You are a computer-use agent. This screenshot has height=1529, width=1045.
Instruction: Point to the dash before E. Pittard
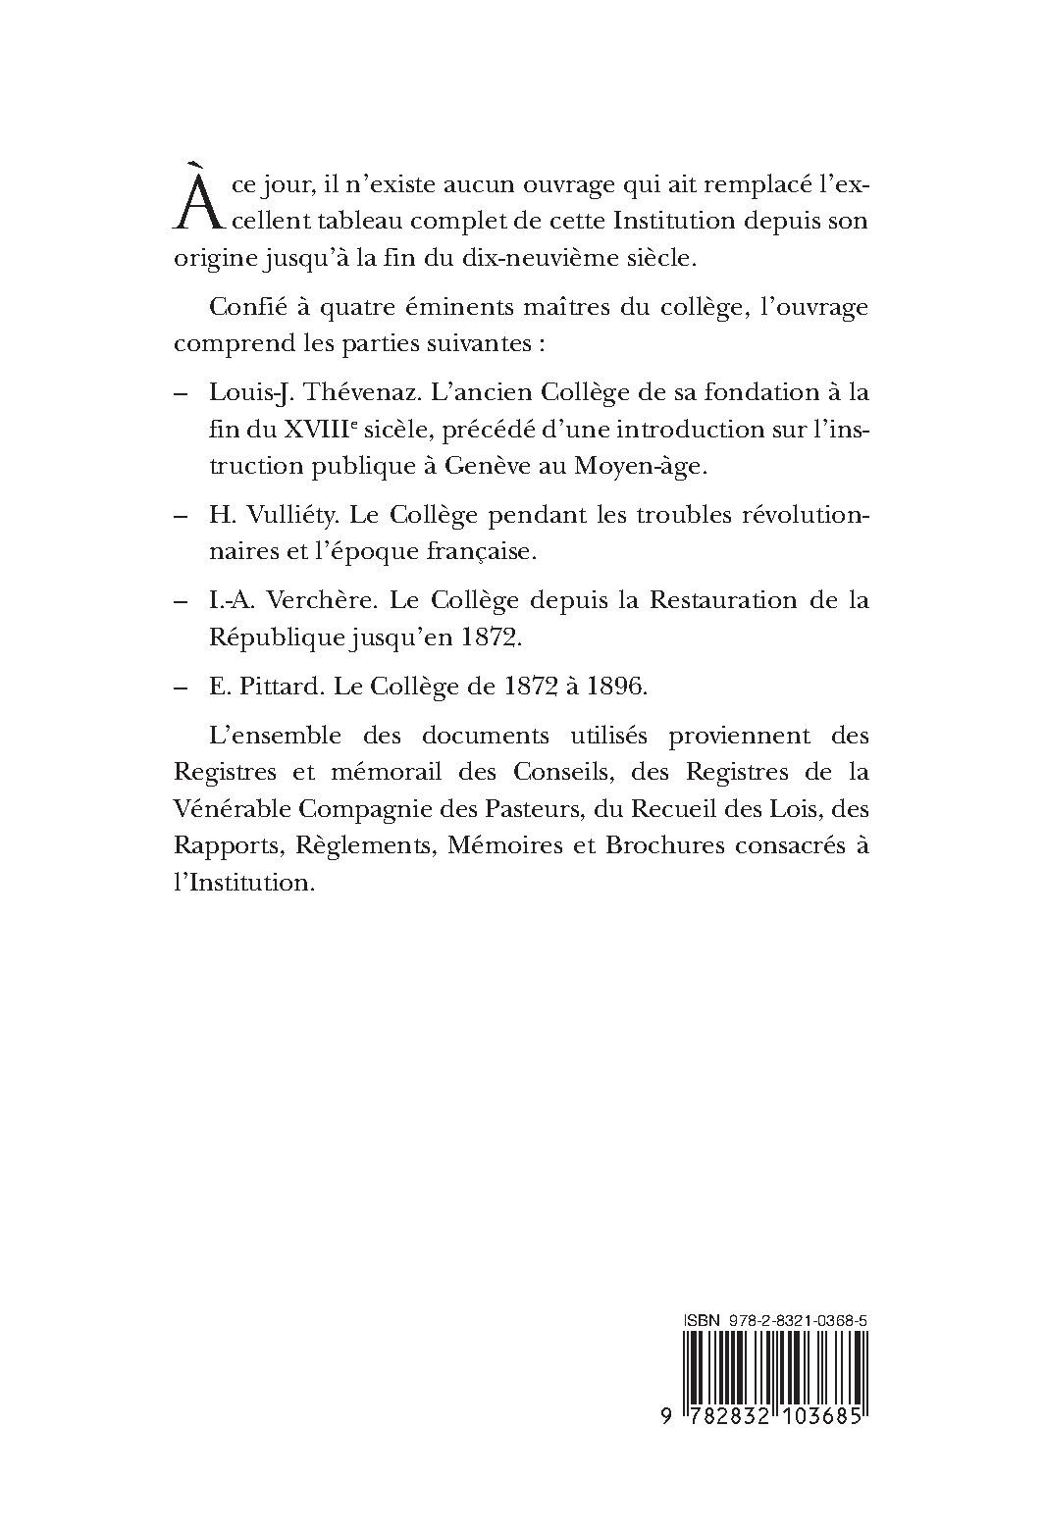181,688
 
